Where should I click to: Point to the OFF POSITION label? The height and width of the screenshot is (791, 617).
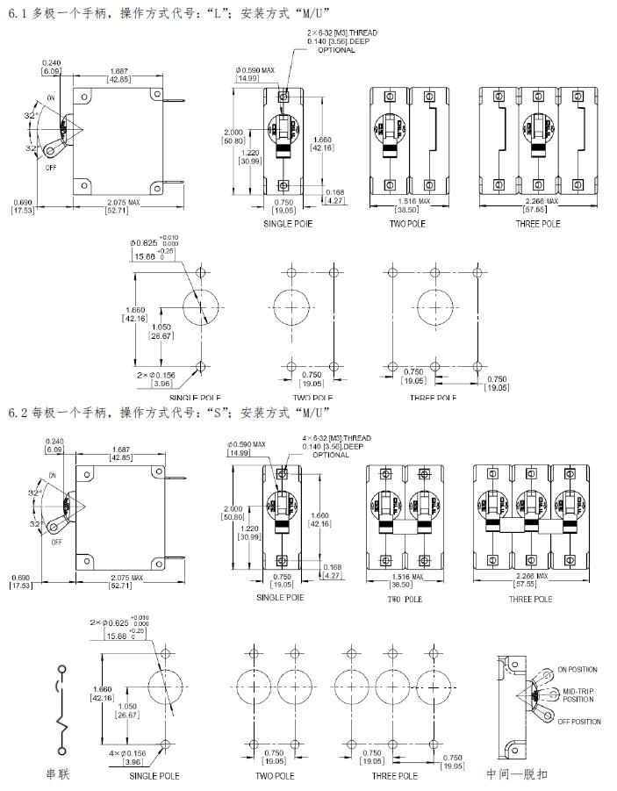point(579,722)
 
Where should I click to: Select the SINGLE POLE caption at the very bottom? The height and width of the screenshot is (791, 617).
point(154,775)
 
